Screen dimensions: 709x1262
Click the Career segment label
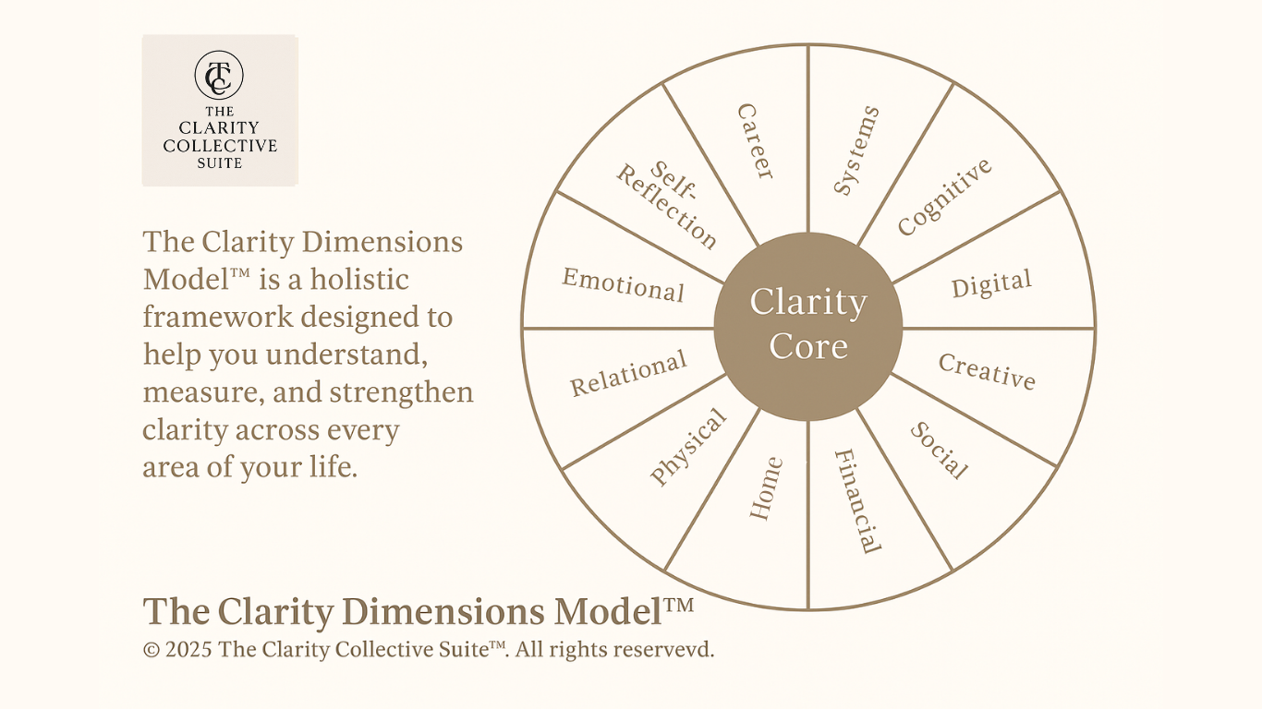[x=756, y=141]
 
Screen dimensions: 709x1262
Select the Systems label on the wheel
[x=856, y=150]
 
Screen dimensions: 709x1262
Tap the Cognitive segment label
[x=944, y=197]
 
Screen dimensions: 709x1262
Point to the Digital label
[x=991, y=285]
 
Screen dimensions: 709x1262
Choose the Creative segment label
[x=987, y=371]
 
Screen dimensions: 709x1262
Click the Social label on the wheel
[x=940, y=451]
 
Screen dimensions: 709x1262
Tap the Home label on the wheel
[x=766, y=488]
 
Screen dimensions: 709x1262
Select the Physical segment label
[x=688, y=447]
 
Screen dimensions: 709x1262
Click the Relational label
[x=628, y=373]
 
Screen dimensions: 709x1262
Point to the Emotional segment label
[x=624, y=285]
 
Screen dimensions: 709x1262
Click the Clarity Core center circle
[x=808, y=324]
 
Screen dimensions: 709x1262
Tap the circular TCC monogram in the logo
[x=220, y=76]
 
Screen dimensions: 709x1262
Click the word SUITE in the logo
[x=220, y=163]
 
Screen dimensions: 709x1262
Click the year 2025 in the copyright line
[x=189, y=650]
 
